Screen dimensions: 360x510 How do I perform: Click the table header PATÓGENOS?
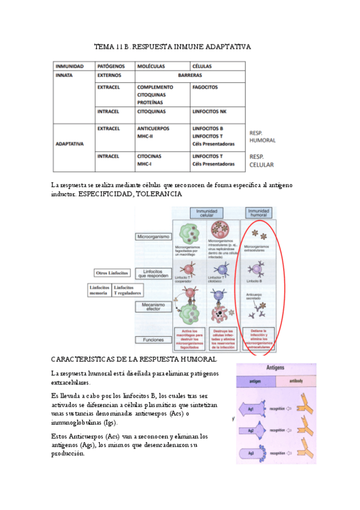111,66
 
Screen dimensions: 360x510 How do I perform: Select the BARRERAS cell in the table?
190,76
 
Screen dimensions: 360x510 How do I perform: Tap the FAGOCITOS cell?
205,87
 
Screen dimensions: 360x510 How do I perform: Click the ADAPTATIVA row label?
69,144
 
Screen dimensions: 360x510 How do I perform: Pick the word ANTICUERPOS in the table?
153,129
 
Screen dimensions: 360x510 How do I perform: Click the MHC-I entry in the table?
144,164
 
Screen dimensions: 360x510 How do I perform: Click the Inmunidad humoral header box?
258,213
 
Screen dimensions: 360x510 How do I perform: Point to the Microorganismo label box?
154,237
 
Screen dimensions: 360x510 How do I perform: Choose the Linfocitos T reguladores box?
128,290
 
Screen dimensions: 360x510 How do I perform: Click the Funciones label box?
154,339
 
